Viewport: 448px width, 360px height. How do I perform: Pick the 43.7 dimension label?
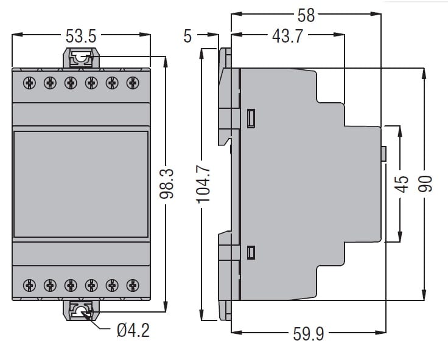coord(287,36)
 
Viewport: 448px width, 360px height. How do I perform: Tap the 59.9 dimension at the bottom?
coord(309,334)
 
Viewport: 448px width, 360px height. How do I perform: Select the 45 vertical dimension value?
coord(401,184)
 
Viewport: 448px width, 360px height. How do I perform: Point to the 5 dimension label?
coord(187,36)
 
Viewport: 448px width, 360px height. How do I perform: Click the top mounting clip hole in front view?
coord(79,58)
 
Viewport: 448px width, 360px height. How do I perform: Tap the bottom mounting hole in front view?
coord(79,313)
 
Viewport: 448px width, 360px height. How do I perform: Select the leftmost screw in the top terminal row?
coord(29,82)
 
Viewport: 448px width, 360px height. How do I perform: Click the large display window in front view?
coord(80,184)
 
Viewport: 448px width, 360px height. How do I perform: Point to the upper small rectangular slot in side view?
coord(251,118)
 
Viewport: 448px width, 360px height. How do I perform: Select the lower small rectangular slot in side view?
coord(251,252)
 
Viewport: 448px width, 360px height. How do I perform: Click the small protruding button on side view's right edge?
coord(384,154)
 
